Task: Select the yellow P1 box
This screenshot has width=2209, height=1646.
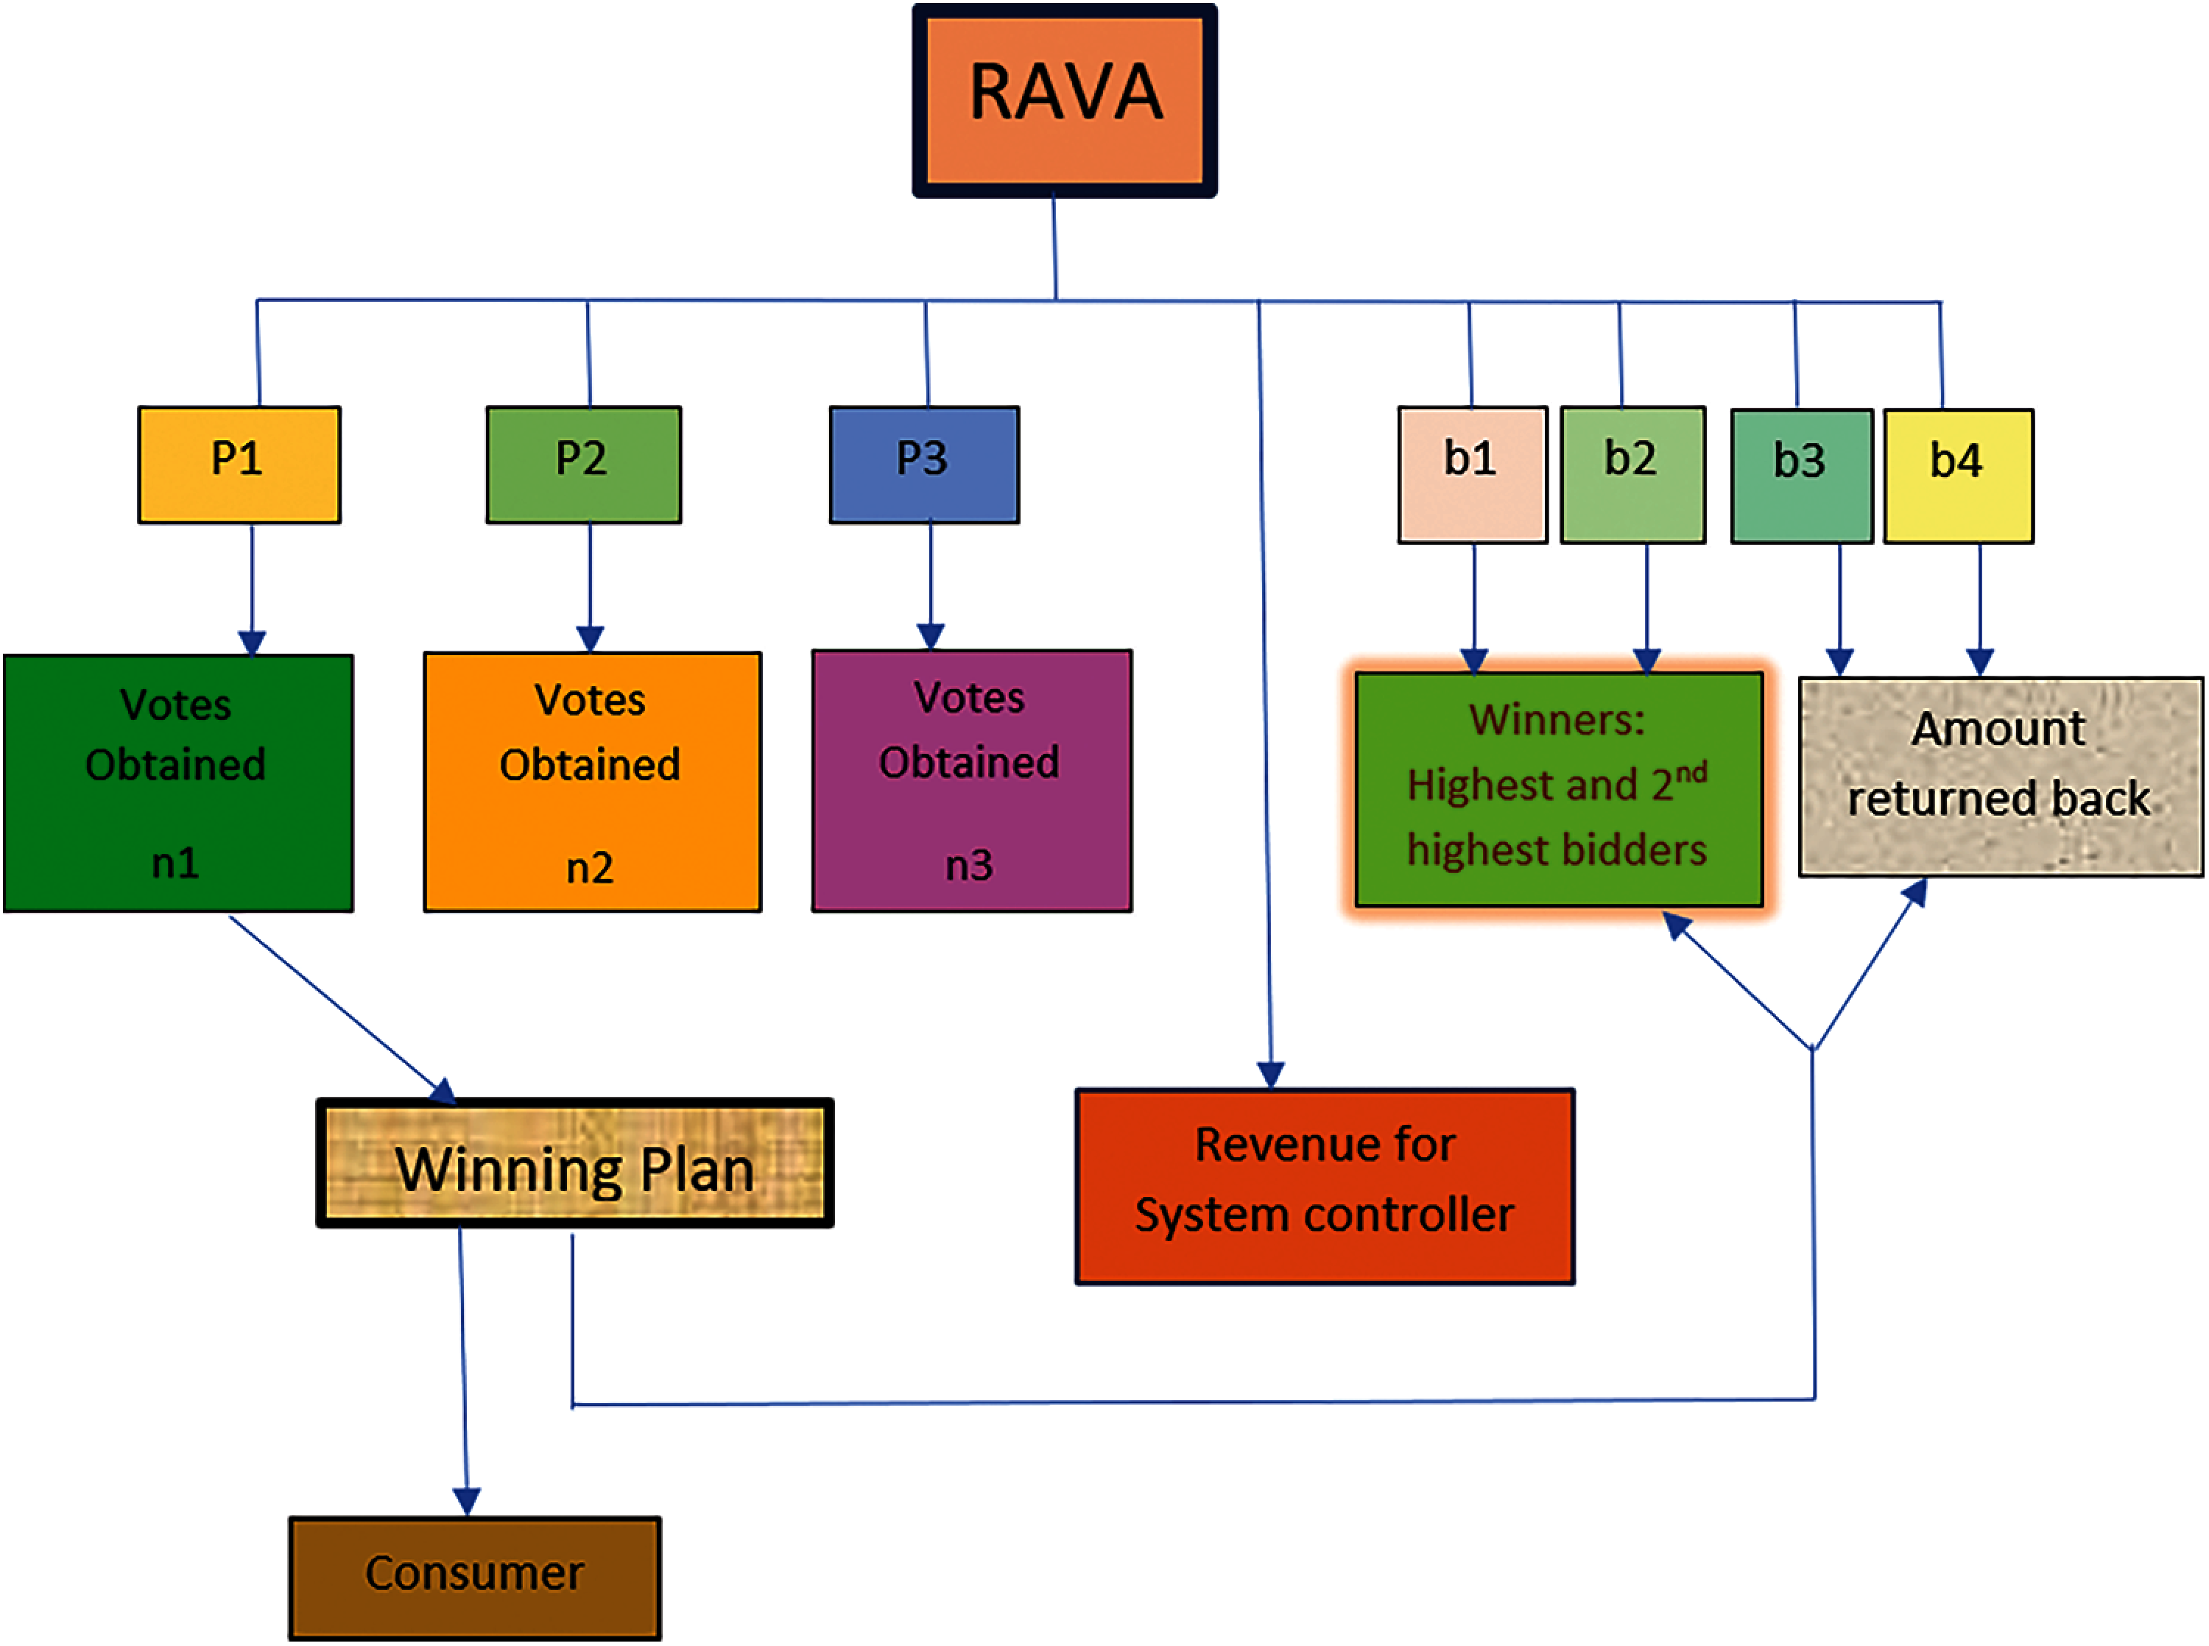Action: click(239, 465)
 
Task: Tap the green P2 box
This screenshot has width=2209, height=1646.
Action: click(584, 465)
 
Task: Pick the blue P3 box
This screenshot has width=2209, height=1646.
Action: click(925, 465)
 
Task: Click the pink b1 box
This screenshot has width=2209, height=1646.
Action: click(1473, 474)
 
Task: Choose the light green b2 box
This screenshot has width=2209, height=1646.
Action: click(1633, 474)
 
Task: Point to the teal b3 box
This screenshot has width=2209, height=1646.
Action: click(1803, 476)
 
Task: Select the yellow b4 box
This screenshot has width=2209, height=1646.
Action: click(1959, 476)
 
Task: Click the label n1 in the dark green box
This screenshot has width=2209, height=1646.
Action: click(175, 863)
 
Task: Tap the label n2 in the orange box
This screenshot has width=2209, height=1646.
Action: click(590, 868)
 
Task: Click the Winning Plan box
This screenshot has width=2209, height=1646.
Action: click(575, 1163)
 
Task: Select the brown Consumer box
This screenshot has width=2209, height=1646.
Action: click(475, 1579)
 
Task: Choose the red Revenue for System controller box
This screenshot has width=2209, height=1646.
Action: click(1325, 1187)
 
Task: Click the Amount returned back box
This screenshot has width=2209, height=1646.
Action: click(2001, 777)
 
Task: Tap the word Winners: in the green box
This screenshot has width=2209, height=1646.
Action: click(1557, 718)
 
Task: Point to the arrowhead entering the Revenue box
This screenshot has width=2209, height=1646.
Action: click(1270, 1074)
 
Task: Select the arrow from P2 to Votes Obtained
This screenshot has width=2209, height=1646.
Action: click(590, 588)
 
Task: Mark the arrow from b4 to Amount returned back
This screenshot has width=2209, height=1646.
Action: click(1980, 610)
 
